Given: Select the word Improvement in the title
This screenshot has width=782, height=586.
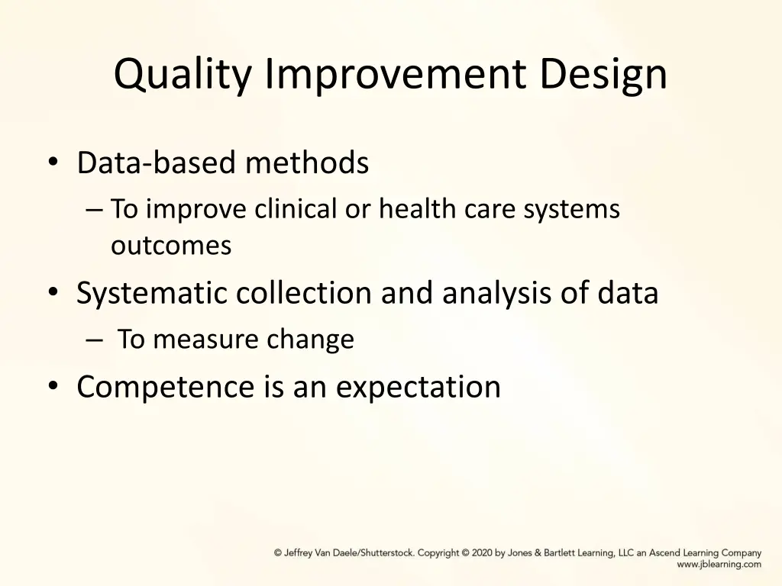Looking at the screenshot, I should pyautogui.click(x=396, y=75).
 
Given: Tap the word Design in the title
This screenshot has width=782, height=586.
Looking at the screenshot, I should pyautogui.click(x=603, y=75).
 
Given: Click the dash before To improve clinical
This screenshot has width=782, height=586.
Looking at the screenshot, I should pyautogui.click(x=95, y=209).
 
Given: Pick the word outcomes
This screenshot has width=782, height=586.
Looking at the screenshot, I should pyautogui.click(x=171, y=246).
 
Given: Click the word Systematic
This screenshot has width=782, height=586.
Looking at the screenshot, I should pyautogui.click(x=151, y=294).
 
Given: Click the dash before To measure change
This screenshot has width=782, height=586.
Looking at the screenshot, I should pyautogui.click(x=95, y=340).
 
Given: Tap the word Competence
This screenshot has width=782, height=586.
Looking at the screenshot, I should pyautogui.click(x=165, y=387).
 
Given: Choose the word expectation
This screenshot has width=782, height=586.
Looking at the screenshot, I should pyautogui.click(x=418, y=387).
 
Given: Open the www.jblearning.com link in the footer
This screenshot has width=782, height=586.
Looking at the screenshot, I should pyautogui.click(x=719, y=565).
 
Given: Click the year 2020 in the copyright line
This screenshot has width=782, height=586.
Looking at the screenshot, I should pyautogui.click(x=482, y=553).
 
